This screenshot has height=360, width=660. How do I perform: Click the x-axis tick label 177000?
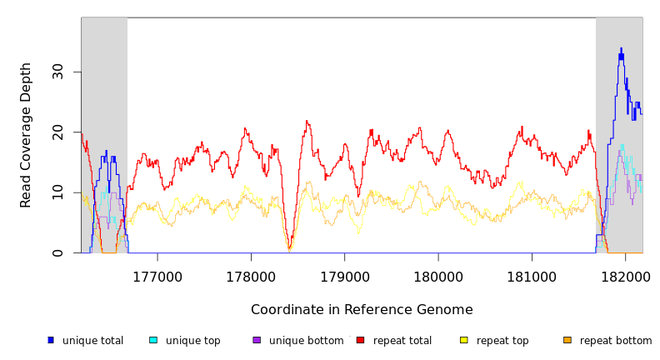[157, 277]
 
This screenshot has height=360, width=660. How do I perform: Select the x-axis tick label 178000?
[251, 277]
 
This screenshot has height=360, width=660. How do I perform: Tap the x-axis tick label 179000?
[345, 277]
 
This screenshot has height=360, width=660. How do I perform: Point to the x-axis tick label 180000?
[438, 277]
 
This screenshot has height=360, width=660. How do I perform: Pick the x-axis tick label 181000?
[532, 277]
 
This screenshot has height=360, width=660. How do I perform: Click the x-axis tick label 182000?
[625, 277]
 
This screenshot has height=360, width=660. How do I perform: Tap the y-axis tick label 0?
[58, 253]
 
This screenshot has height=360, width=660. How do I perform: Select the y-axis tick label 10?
[58, 192]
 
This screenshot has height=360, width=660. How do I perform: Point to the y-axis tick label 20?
[58, 132]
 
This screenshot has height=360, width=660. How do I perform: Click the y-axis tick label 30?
[58, 72]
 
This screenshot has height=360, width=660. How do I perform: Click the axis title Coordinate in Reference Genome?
[362, 310]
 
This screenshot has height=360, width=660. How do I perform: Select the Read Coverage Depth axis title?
[27, 135]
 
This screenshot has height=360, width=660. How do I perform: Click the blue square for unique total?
[51, 340]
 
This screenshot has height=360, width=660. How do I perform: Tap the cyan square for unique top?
[153, 340]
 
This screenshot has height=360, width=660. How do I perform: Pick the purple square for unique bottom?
[257, 340]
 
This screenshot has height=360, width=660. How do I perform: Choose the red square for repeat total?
[360, 340]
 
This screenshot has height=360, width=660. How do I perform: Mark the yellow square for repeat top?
[464, 340]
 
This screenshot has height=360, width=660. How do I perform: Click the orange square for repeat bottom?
[567, 340]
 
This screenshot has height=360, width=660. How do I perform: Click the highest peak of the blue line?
[621, 48]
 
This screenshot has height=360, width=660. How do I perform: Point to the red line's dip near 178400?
[289, 248]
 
